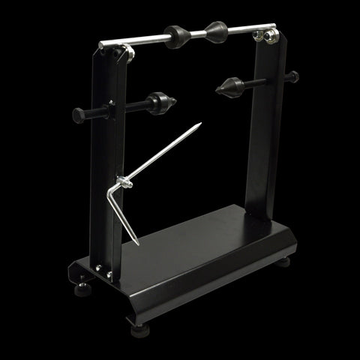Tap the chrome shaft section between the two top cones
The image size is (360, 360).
pyautogui.click(x=196, y=34)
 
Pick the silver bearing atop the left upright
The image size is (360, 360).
pyautogui.click(x=125, y=52)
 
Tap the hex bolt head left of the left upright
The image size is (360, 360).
pyautogui.click(x=79, y=115)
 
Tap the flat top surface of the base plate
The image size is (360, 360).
pyautogui.click(x=202, y=247)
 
